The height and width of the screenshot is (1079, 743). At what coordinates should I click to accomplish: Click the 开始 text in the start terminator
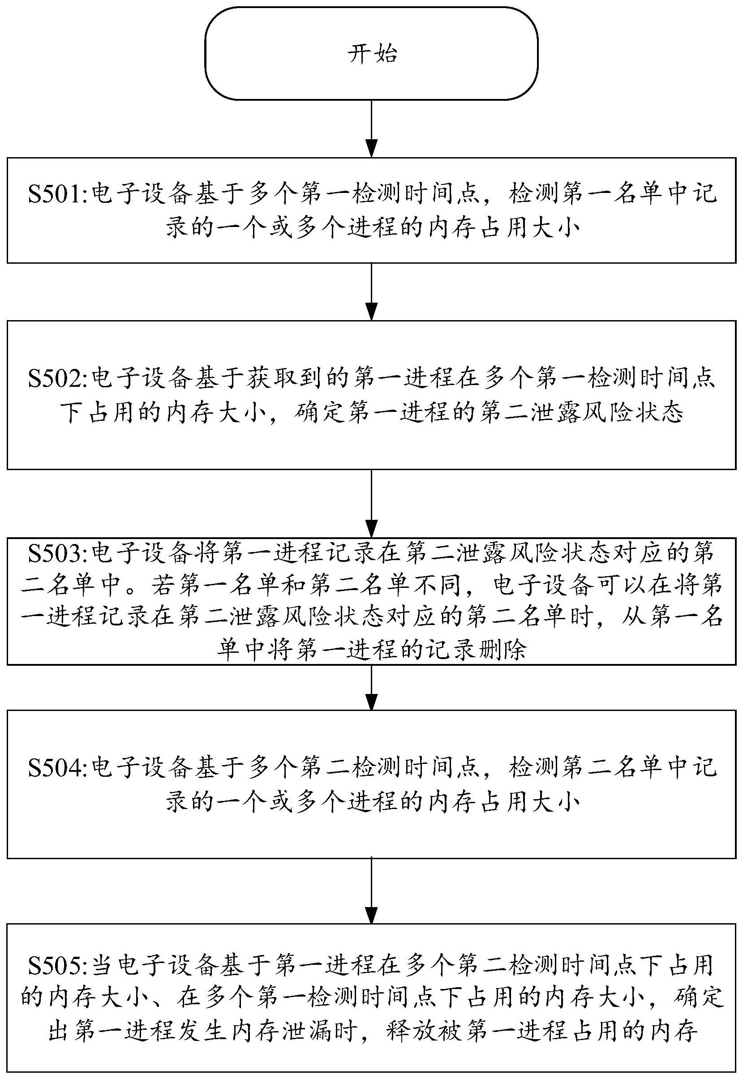(x=372, y=55)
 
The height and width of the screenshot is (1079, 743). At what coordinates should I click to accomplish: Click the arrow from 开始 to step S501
(x=372, y=128)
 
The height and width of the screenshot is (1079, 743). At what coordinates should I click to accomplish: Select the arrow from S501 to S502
(x=372, y=292)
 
